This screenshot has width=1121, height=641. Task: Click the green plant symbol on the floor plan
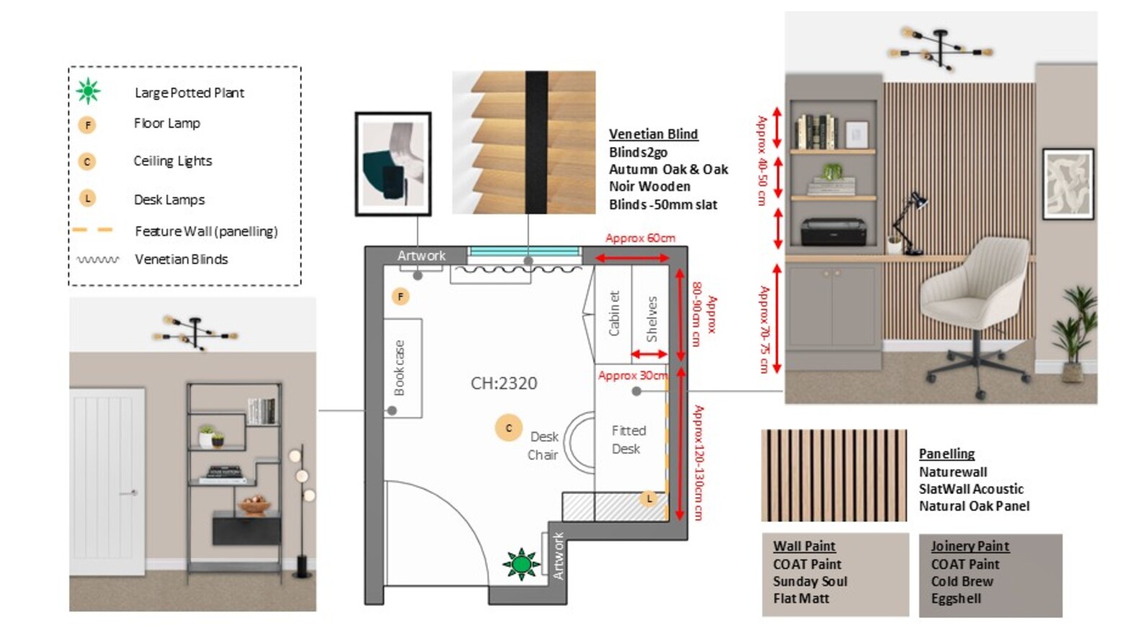coord(521,564)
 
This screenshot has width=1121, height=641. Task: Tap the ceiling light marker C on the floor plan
coord(509,428)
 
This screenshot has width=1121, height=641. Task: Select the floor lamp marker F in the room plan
coord(401,297)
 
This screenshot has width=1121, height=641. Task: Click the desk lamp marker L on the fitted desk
coord(649,498)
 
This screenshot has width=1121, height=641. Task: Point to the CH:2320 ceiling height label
coord(504,383)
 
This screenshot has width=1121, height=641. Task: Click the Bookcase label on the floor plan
coord(399,368)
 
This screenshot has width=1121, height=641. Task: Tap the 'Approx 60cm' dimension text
coord(640,238)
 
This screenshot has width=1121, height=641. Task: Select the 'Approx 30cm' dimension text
coord(633,375)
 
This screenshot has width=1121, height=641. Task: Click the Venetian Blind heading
coord(653,134)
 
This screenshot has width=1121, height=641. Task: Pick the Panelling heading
coord(947,454)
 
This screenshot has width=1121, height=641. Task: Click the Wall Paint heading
coord(804,546)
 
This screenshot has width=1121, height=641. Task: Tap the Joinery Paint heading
coord(970,546)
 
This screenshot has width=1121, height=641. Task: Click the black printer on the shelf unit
coord(833,232)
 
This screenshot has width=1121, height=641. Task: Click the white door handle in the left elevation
coord(129,493)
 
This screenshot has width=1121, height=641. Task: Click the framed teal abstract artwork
coord(393,164)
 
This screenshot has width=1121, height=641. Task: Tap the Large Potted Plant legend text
coord(189,93)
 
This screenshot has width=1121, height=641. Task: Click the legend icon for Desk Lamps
coord(88,199)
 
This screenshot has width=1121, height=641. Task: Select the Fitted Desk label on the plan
coord(628,439)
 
